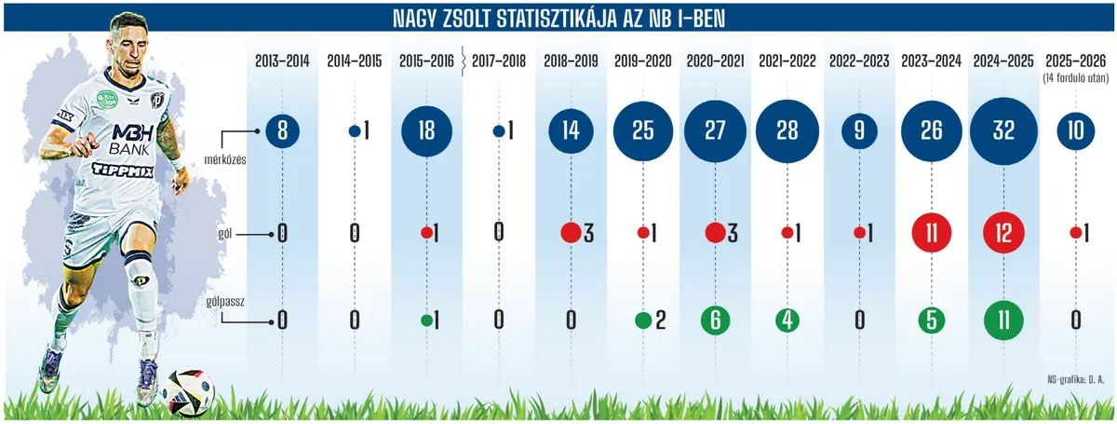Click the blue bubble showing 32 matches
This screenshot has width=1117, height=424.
(1003, 131)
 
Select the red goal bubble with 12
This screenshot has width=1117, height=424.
(1003, 232)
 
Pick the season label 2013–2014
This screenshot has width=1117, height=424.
(282, 61)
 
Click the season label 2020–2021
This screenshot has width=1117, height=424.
(715, 61)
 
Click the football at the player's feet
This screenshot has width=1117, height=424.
(189, 390)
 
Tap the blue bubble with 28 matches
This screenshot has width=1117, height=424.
(787, 131)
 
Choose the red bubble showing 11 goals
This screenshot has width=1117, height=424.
(932, 232)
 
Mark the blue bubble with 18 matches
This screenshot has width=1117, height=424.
(426, 131)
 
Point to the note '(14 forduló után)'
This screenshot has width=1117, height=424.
(1075, 77)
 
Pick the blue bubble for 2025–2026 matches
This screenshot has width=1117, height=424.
(1076, 131)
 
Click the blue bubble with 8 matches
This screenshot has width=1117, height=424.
(282, 131)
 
